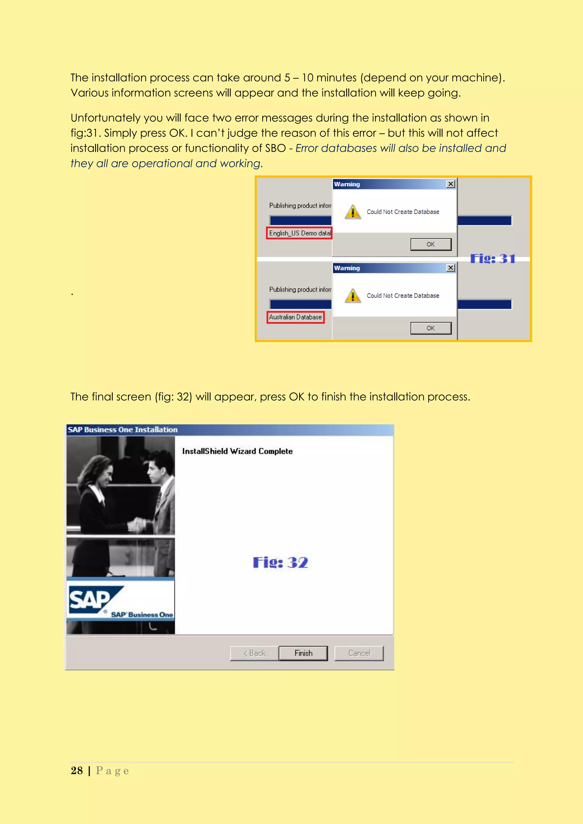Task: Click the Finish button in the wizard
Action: (x=303, y=653)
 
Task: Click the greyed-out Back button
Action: (x=254, y=653)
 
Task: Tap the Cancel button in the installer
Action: (x=359, y=653)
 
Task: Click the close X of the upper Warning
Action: (x=451, y=184)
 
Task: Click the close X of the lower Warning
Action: (x=451, y=268)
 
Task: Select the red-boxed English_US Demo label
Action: (x=299, y=233)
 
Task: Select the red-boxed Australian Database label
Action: (x=295, y=317)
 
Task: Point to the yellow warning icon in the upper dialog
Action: (x=353, y=212)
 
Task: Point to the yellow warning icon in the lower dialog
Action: (x=353, y=296)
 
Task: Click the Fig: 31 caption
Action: (x=492, y=258)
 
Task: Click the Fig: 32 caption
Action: (x=280, y=562)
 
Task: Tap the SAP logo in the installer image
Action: (x=91, y=599)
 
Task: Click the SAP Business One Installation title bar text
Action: (x=123, y=430)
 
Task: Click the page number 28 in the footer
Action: (x=77, y=771)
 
